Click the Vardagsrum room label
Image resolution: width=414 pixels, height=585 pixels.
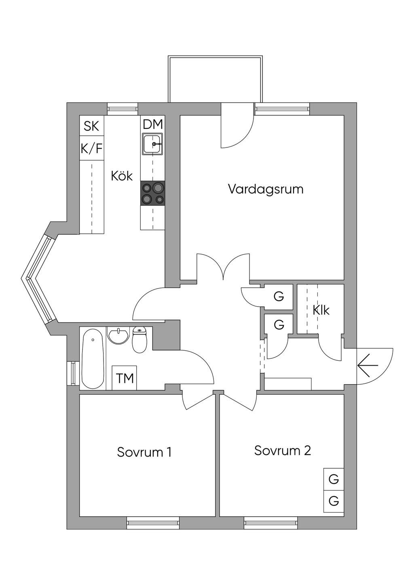pyautogui.click(x=265, y=189)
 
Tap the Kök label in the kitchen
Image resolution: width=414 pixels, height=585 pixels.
pyautogui.click(x=122, y=176)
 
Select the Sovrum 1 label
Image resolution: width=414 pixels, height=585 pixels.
pyautogui.click(x=144, y=452)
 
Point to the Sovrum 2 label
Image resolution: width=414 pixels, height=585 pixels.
pyautogui.click(x=282, y=450)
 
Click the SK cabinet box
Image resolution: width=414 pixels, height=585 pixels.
pyautogui.click(x=91, y=126)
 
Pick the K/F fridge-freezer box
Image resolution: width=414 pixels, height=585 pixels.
pyautogui.click(x=91, y=149)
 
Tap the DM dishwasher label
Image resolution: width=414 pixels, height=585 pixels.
pyautogui.click(x=153, y=125)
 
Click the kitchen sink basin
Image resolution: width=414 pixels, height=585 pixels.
pyautogui.click(x=153, y=144)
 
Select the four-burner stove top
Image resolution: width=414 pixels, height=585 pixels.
pyautogui.click(x=153, y=193)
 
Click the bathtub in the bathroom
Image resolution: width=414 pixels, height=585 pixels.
pyautogui.click(x=93, y=359)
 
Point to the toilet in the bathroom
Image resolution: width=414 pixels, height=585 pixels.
pyautogui.click(x=139, y=340)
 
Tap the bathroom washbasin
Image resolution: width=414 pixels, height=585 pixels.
pyautogui.click(x=118, y=335)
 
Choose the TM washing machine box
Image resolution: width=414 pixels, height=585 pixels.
pyautogui.click(x=125, y=379)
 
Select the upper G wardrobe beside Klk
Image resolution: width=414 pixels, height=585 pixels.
pyautogui.click(x=279, y=297)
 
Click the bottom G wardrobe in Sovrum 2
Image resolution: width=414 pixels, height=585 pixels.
pyautogui.click(x=334, y=501)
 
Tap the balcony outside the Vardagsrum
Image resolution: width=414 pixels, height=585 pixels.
pyautogui.click(x=215, y=79)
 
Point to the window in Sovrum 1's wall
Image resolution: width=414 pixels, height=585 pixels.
pyautogui.click(x=152, y=523)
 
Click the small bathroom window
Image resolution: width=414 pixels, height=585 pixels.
pyautogui.click(x=73, y=373)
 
